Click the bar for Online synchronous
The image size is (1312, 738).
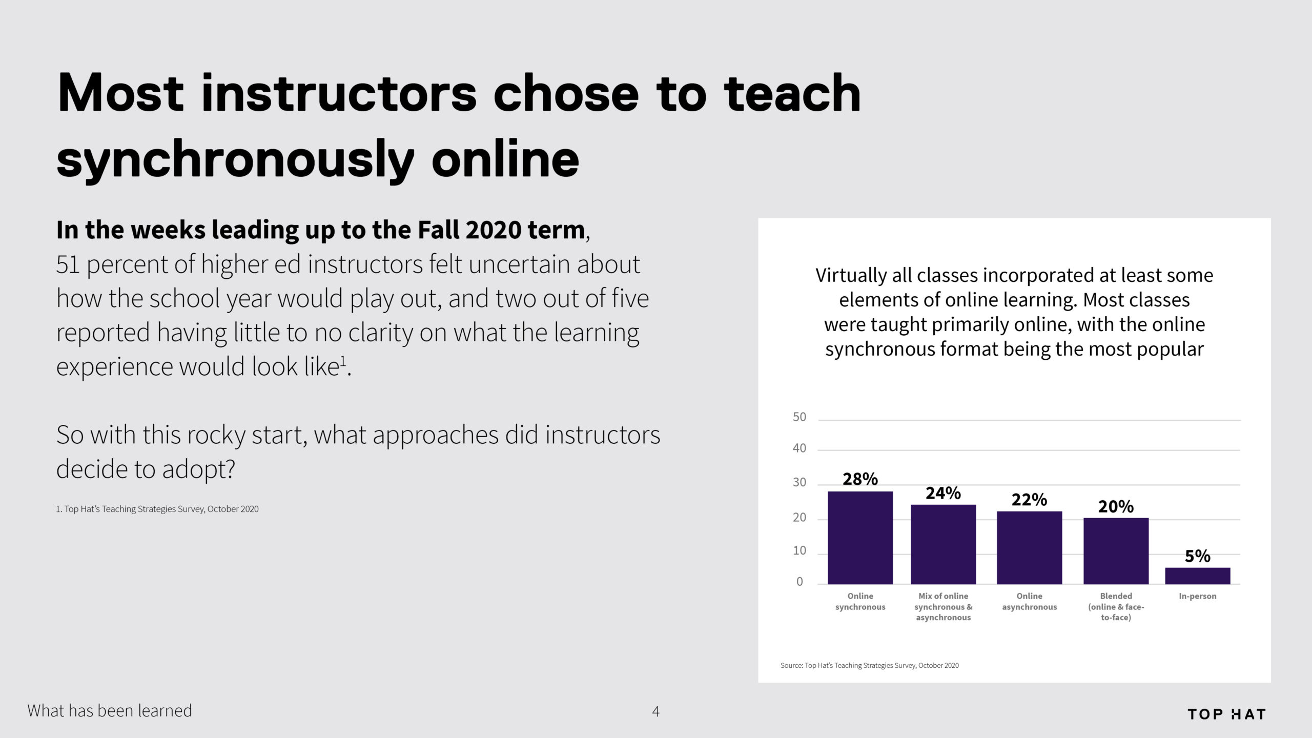(860, 538)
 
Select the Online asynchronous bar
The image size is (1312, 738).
(1029, 547)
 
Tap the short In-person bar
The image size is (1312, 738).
(1198, 576)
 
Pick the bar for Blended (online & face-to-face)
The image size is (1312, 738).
(1116, 551)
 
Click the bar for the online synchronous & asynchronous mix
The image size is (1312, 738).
(943, 544)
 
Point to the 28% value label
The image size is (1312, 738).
(860, 479)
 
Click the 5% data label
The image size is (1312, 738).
(1198, 556)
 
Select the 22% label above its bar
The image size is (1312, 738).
(1029, 500)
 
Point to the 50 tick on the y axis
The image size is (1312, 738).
(799, 417)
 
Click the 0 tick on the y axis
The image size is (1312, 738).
(799, 582)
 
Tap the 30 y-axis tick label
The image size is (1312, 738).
(799, 482)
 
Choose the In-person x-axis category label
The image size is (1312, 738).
(1198, 596)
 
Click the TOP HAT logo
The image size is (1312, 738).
(1226, 714)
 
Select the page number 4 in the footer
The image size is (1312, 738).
(655, 711)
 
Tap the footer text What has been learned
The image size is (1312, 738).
(110, 711)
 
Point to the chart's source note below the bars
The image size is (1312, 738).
(869, 665)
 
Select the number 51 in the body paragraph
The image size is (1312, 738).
(68, 265)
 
